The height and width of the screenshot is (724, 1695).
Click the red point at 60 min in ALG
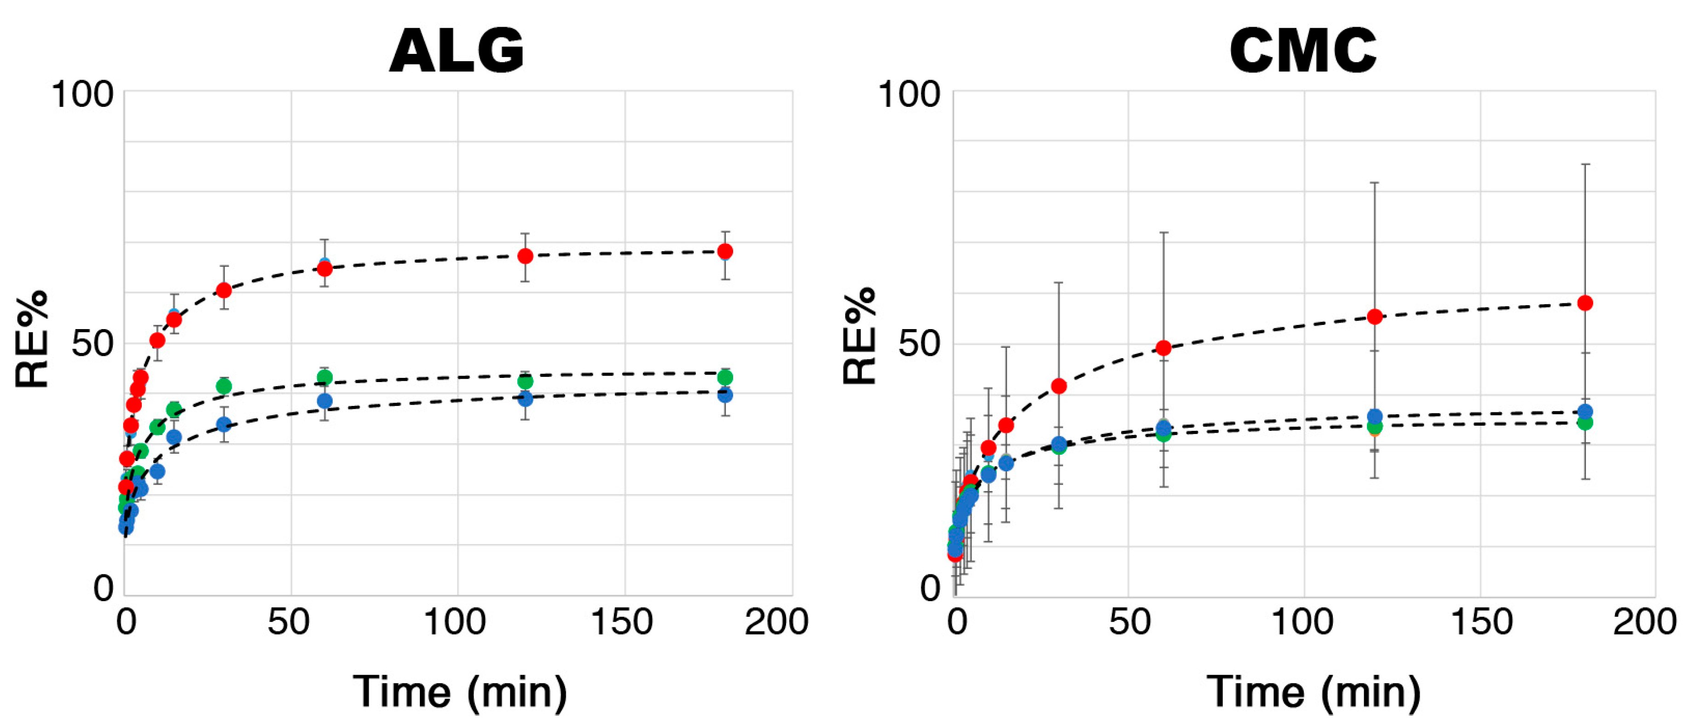click(324, 268)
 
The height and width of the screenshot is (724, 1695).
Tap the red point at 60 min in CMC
click(1163, 348)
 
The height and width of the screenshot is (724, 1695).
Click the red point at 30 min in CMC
click(1059, 386)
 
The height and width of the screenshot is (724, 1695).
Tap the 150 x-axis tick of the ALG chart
click(622, 622)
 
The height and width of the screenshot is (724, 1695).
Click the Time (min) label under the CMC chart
click(1313, 692)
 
